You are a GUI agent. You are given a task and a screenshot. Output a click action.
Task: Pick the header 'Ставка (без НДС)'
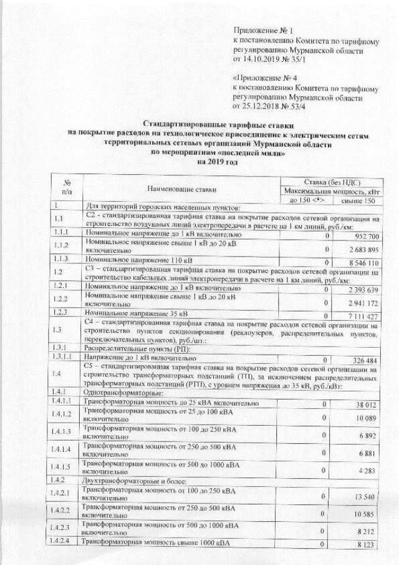coord(327,180)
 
